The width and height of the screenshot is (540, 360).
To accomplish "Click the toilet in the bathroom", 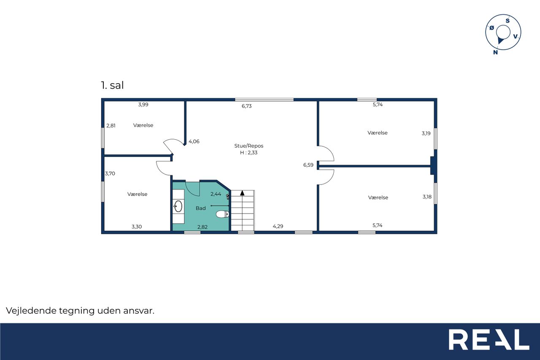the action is tap(222, 214).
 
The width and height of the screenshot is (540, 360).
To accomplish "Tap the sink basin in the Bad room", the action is tap(178, 206).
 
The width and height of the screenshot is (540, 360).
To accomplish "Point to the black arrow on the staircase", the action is tap(242, 193).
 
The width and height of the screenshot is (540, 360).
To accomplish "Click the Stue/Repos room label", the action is tap(249, 146).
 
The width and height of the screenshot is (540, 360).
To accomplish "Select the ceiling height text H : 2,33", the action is tap(249, 153).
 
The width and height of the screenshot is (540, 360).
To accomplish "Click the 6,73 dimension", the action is tap(247, 106).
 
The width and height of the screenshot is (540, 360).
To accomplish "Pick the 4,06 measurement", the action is tap(194, 141).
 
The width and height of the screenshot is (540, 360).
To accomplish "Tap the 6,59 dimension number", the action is tap(308, 165).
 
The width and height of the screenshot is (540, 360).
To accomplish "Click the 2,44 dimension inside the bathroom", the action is tap(216, 194).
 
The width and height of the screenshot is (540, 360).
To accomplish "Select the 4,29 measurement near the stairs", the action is tap(278, 226).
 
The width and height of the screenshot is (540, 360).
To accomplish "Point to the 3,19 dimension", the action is tap(426, 133).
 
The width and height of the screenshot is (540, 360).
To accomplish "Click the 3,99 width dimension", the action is tap(143, 105).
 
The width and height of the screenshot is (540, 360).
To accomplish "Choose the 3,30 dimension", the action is tap(137, 227).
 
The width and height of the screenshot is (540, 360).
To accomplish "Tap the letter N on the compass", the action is tap(495, 52).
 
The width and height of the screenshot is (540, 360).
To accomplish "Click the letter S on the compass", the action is tap(508, 21).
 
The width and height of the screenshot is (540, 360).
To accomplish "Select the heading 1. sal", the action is tap(112, 85).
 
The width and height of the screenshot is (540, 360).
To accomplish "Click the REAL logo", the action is tap(489, 339).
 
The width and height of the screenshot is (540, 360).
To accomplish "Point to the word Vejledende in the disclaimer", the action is tap(31, 311).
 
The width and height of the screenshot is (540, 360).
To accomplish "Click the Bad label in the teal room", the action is tap(200, 208).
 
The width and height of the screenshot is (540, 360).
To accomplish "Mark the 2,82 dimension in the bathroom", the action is tap(202, 227).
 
